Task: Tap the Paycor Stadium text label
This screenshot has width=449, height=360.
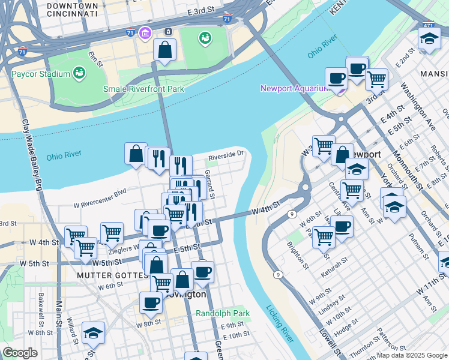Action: [41, 74]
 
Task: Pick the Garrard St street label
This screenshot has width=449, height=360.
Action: [210, 184]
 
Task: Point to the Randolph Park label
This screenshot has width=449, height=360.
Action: [222, 313]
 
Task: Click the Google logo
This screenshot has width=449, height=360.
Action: [20, 353]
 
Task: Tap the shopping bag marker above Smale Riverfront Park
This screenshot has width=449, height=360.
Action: [164, 50]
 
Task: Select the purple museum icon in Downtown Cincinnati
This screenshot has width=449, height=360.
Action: [145, 32]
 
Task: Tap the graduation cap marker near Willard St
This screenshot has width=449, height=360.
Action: [93, 332]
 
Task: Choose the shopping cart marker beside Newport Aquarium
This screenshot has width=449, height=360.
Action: [376, 78]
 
